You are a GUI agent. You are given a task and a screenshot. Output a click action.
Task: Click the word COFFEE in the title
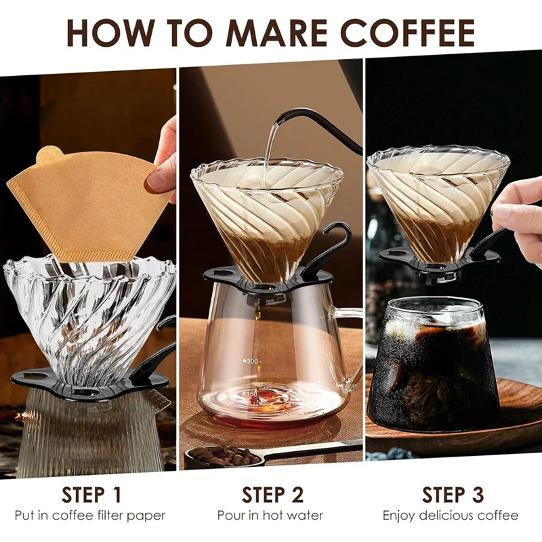coord(407,31)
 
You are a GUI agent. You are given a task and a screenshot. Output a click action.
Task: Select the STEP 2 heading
coord(272,494)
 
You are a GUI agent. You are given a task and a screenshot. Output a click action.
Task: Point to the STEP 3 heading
coord(453,494)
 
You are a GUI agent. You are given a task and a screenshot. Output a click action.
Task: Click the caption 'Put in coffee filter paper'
coord(89,516)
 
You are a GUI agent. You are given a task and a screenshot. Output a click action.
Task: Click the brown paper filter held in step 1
coord(88,203)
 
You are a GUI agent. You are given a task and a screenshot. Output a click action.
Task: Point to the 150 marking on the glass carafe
coord(252,394)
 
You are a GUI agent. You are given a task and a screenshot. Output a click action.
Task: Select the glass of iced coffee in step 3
coord(434,366)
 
